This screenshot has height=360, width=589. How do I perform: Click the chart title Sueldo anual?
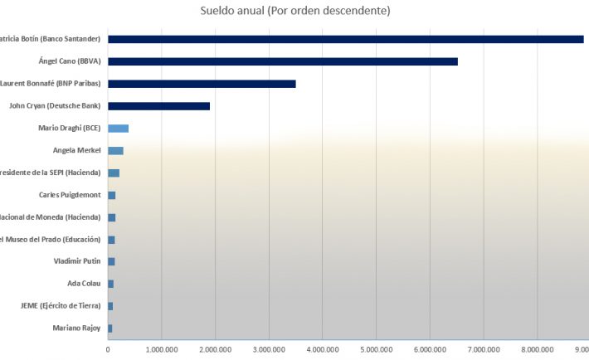(x=295, y=11)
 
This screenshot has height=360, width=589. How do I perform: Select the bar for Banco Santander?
(x=345, y=39)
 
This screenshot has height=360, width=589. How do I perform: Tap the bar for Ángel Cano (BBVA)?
(x=282, y=61)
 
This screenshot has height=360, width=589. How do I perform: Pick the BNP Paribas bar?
(x=202, y=84)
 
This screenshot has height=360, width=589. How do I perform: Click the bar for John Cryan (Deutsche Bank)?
(x=158, y=106)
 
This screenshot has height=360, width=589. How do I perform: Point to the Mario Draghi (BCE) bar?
(x=118, y=129)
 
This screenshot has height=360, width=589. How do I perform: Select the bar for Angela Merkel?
(x=115, y=151)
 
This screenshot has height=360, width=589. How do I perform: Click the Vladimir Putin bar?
(x=111, y=262)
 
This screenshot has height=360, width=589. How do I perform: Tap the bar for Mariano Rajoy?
(x=110, y=328)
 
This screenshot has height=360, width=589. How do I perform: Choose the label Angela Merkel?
(x=76, y=151)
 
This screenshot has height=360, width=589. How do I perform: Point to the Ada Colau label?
(x=84, y=284)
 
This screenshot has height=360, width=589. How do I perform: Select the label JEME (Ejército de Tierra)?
(x=61, y=306)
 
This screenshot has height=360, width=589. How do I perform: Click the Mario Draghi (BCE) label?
(x=69, y=129)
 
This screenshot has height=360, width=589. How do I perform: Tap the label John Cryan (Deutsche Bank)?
(x=55, y=106)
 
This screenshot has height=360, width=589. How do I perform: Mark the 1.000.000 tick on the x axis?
(x=161, y=351)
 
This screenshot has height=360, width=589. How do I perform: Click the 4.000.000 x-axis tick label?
(x=322, y=351)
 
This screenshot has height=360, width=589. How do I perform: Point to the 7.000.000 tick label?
(x=483, y=351)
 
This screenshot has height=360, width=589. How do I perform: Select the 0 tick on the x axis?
(x=108, y=351)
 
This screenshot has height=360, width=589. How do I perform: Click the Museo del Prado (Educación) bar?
(x=111, y=240)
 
